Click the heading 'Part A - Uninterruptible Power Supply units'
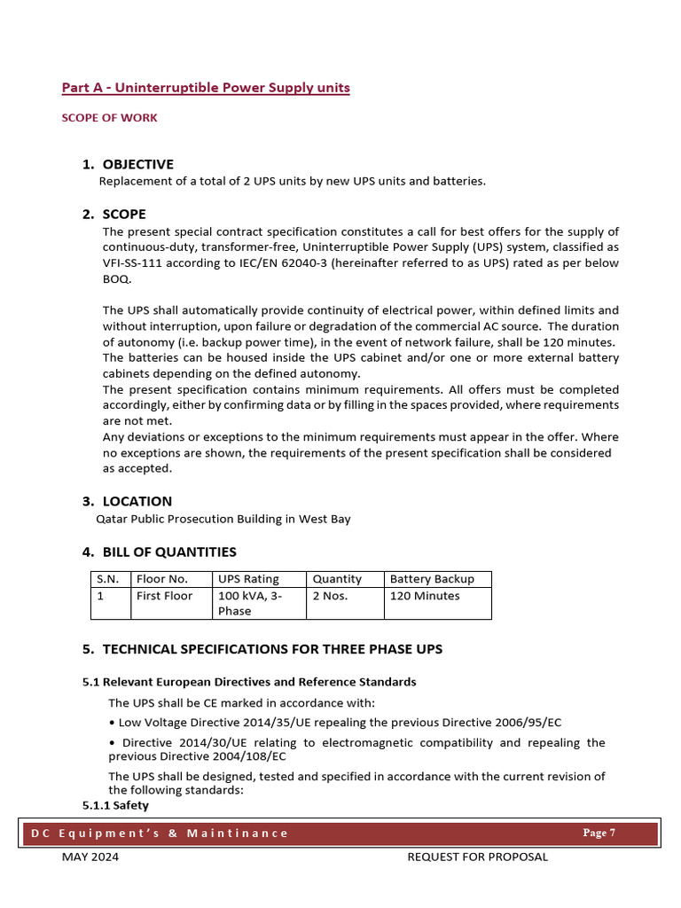point(205,88)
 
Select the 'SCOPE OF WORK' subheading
point(109,118)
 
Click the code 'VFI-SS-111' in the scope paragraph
point(133,262)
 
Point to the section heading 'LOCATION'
point(137,501)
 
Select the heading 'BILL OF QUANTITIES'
point(169,552)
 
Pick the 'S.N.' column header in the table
point(107,579)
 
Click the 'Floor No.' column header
point(161,579)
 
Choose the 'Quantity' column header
point(337,579)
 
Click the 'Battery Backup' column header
point(432,579)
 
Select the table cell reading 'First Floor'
point(164,596)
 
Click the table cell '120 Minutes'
point(425,596)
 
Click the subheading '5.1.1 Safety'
point(115,805)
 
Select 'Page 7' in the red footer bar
point(599,833)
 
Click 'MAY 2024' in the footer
point(90,857)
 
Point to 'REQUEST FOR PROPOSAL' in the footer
point(477,857)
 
